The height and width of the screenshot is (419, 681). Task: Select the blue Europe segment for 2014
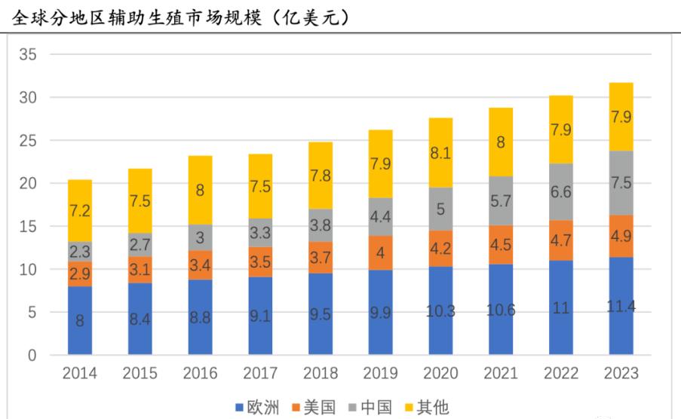point(80,320)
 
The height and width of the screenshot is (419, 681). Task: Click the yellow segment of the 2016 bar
point(201,190)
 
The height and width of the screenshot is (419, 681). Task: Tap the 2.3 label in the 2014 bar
point(80,252)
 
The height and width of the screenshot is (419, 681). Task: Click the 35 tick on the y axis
point(29,54)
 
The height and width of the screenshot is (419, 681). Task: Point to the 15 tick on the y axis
point(29,226)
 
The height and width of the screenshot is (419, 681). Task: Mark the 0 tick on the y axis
point(32,355)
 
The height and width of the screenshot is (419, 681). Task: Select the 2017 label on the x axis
point(261,374)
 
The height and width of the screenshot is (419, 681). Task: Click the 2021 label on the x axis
point(502,374)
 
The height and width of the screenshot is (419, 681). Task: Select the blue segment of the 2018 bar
point(321,313)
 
